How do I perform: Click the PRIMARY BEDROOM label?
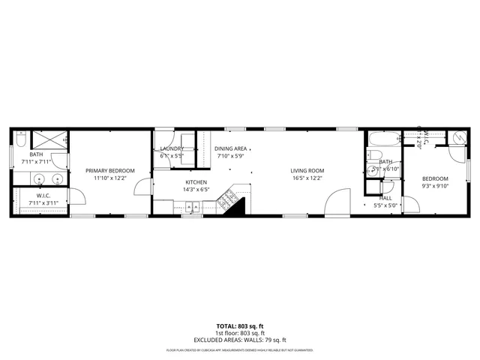tap(109, 171)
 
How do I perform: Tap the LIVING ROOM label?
tap(307, 171)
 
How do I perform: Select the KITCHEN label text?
tap(196, 182)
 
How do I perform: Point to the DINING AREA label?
tap(230, 148)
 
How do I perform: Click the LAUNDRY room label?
tap(172, 148)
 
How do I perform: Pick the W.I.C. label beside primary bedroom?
tap(37, 196)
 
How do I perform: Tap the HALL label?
tap(385, 197)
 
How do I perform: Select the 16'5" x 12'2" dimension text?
tap(307, 178)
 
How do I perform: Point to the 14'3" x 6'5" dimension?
tap(196, 190)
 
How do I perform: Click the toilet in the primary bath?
tap(19, 139)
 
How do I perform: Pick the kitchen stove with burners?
tap(224, 199)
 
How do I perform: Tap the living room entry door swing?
tap(339, 203)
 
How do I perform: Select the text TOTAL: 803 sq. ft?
tap(240, 326)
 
